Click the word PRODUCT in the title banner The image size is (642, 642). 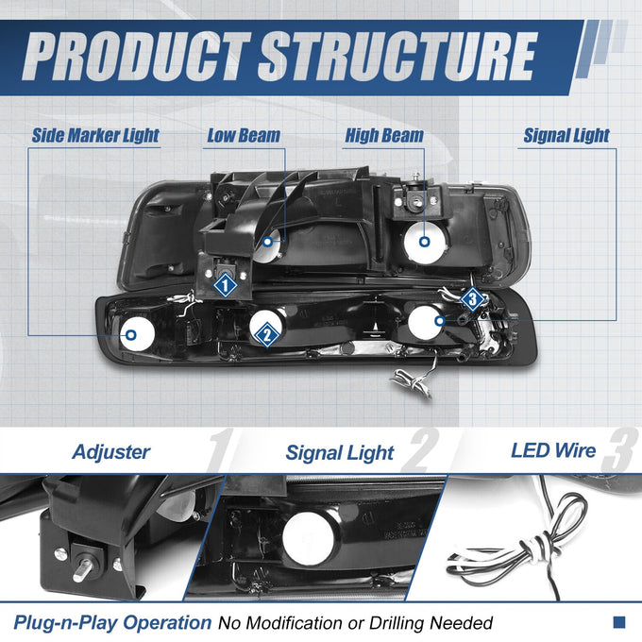[137, 57]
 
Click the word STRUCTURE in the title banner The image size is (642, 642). [397, 57]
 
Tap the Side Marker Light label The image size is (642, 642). [95, 136]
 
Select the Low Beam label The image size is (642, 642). [244, 136]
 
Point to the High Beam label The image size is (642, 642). [384, 136]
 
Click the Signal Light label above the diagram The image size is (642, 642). [566, 136]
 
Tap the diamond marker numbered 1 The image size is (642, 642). [225, 285]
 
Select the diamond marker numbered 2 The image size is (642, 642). [267, 335]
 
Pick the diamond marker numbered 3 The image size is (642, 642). [472, 299]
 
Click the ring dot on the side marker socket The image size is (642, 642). [131, 335]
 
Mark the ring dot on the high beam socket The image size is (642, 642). [425, 242]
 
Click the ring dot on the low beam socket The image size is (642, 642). [267, 242]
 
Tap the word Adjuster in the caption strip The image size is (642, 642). [111, 452]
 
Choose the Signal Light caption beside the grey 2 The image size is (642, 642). [340, 453]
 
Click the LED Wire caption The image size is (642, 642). [553, 450]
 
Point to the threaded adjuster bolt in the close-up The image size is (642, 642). [83, 569]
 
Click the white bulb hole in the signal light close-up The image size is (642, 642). [308, 537]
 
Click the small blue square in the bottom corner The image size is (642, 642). [619, 622]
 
